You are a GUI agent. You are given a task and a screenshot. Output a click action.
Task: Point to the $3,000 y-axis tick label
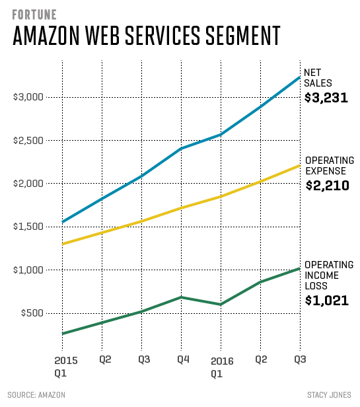(28, 97)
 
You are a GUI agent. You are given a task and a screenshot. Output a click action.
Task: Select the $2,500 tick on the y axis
(28, 141)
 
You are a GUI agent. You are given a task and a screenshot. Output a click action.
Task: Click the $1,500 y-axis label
(28, 227)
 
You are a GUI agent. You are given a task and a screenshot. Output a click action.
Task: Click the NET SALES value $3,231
(326, 98)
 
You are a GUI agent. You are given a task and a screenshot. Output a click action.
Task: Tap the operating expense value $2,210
(327, 186)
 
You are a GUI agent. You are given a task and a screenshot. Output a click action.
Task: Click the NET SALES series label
(316, 78)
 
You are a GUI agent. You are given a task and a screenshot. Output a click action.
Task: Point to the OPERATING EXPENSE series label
(329, 166)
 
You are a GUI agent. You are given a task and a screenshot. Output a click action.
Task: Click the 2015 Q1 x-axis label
(62, 367)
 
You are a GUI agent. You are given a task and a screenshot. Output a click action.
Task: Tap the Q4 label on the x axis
(180, 360)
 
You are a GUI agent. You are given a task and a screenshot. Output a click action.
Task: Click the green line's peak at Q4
(180, 297)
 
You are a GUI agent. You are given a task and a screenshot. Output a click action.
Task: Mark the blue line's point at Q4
(180, 149)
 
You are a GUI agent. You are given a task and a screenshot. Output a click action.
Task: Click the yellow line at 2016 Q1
(220, 196)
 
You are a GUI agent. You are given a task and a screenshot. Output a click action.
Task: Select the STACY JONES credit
(328, 395)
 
